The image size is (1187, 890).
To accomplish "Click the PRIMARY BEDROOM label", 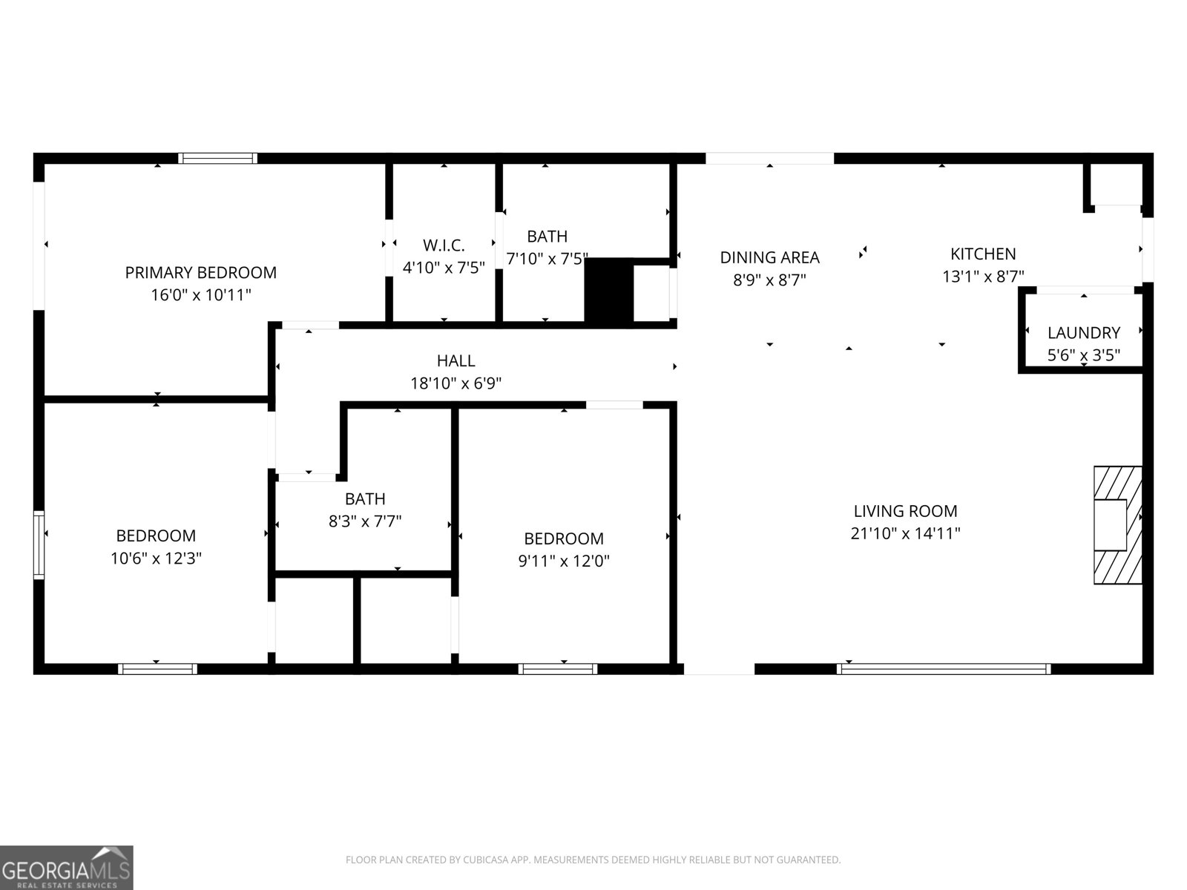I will [200, 273].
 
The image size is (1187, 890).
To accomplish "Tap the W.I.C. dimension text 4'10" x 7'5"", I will [444, 268].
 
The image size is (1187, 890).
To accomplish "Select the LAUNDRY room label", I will [1083, 333].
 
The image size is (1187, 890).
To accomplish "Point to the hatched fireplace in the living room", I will [1117, 525].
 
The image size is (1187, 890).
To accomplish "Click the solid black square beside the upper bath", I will [608, 290].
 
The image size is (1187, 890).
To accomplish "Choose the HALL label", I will [456, 361].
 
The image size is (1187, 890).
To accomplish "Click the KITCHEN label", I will [983, 254].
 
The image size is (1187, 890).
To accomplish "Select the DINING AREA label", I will [769, 257].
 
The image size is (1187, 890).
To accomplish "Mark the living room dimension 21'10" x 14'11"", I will [905, 533].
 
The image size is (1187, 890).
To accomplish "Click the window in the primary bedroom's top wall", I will [217, 158].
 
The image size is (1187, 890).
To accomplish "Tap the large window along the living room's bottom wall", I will [943, 669].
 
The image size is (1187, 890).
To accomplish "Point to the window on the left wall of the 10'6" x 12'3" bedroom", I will [39, 544].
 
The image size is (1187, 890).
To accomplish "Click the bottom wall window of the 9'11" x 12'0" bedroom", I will [558, 669].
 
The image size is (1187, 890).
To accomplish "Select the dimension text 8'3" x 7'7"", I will [365, 521].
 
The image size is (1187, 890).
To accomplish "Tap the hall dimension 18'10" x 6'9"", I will [456, 383].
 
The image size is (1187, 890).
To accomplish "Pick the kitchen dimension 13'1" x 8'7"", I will [983, 277].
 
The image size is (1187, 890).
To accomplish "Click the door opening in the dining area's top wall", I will [769, 158].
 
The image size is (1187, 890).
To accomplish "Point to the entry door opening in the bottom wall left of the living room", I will [718, 669].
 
